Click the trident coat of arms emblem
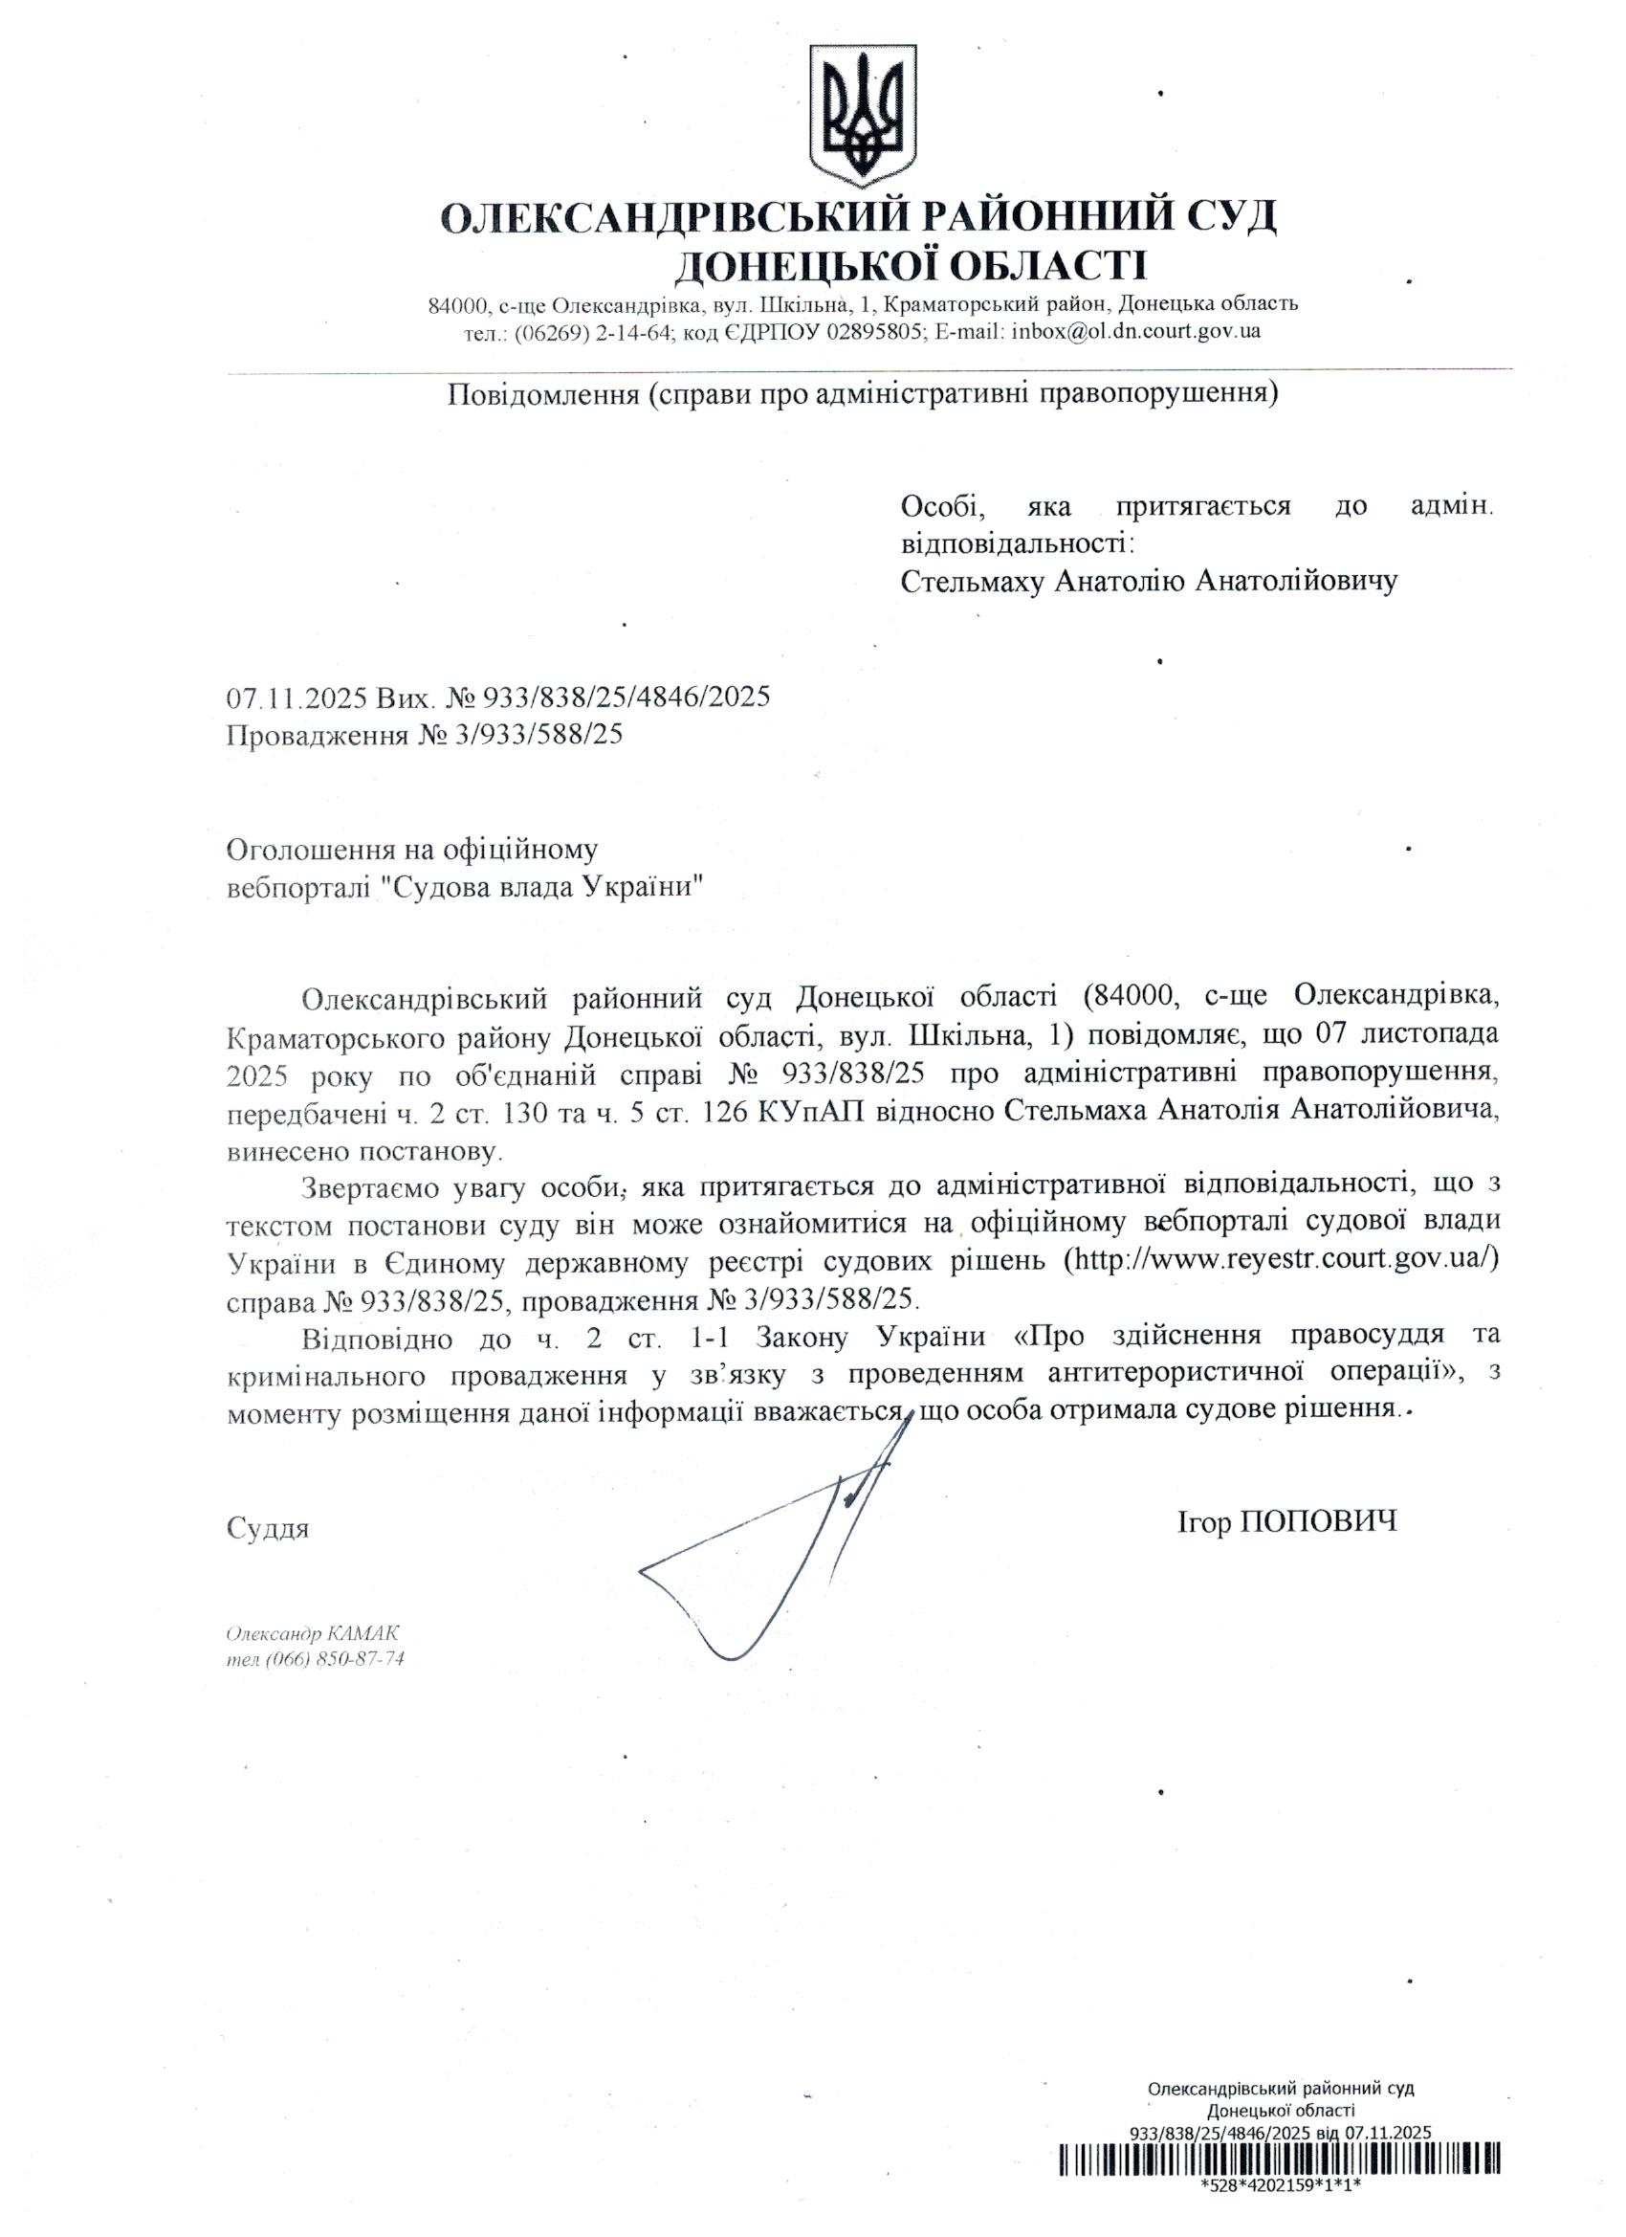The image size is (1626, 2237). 863,116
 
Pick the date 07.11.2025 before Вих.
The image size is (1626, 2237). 297,698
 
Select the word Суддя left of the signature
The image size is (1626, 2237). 268,1528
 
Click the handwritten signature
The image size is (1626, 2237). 769,1559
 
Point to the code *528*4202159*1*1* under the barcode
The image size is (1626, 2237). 1281,2211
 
